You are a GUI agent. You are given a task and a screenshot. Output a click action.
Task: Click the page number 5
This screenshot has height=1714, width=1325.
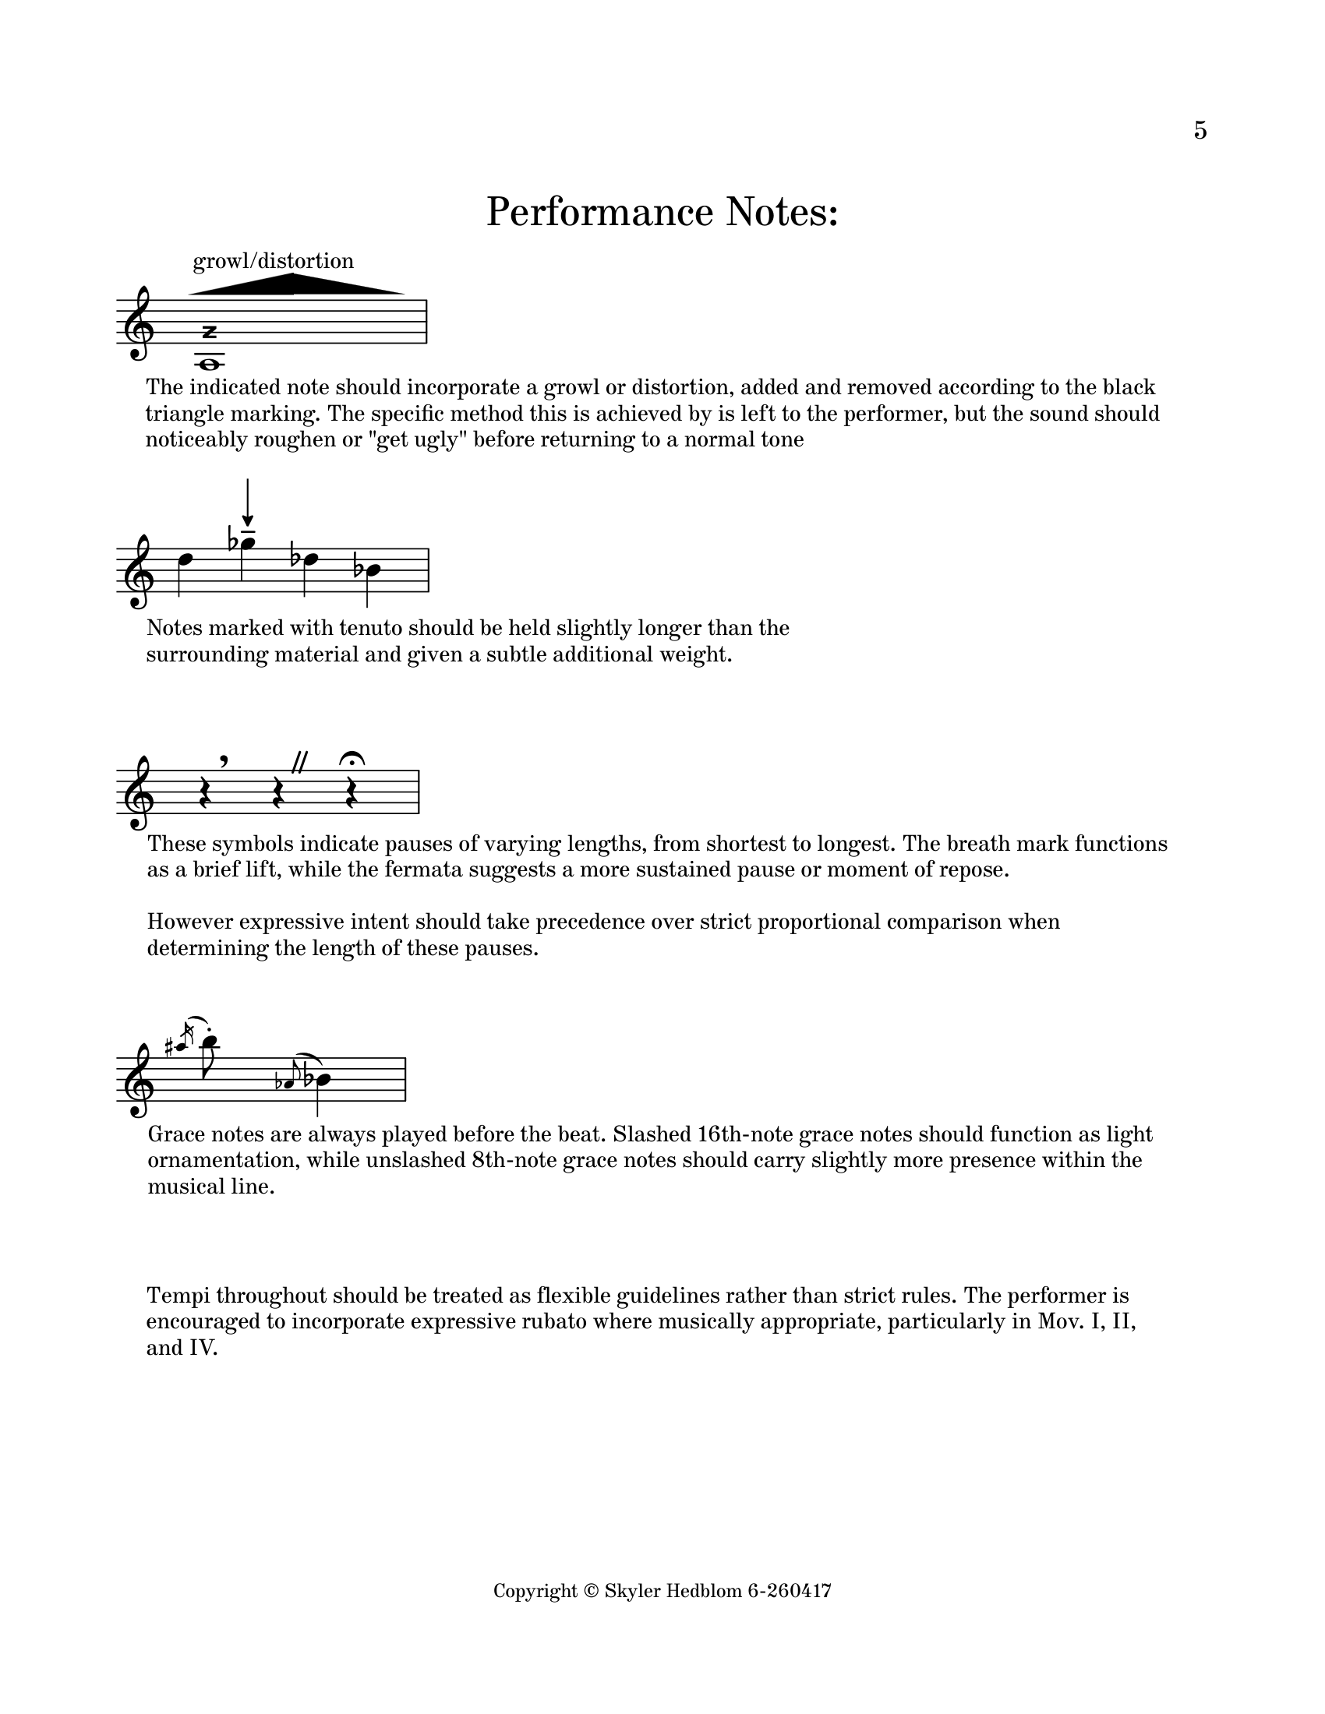tap(1200, 130)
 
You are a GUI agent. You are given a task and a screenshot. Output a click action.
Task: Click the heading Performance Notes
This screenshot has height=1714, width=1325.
tap(662, 212)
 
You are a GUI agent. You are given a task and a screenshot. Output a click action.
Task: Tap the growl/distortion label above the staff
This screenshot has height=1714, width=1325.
tap(273, 260)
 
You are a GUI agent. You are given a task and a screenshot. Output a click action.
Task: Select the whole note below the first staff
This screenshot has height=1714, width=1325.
tap(209, 363)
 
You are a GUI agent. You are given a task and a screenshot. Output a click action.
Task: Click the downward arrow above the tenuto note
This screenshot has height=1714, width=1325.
tap(248, 503)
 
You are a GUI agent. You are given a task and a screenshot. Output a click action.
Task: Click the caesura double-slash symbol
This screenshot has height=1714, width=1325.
tap(299, 761)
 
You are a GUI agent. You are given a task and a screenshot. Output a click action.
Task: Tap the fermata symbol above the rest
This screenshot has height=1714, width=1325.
tap(351, 759)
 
